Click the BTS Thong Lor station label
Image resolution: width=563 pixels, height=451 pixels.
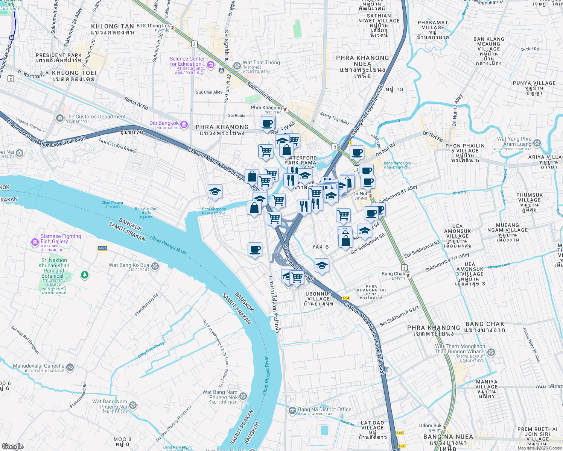click(x=153, y=26)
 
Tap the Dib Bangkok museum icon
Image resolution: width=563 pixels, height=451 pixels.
click(x=184, y=125)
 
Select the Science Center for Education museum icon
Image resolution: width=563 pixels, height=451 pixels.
click(x=211, y=65)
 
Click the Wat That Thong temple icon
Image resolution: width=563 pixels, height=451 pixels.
click(x=237, y=66)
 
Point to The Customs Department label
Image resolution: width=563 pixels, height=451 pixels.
click(x=95, y=117)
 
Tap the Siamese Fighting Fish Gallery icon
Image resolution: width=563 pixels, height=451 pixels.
click(x=35, y=242)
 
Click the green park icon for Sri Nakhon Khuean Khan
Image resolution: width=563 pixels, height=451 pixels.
click(x=85, y=275)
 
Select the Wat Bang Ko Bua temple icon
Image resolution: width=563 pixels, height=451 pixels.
click(x=155, y=266)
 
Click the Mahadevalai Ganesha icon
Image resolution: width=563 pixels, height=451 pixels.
click(x=70, y=367)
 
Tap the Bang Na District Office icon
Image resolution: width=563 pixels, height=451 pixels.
click(x=292, y=411)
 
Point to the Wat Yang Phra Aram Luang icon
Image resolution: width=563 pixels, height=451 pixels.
click(x=537, y=143)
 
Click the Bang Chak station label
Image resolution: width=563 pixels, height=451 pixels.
click(x=393, y=274)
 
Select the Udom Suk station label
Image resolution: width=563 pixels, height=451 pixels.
click(x=431, y=426)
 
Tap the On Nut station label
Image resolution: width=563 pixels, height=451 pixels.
click(x=360, y=194)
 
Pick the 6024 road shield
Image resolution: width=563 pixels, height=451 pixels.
click(x=103, y=248)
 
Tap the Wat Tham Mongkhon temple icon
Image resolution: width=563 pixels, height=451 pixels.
click(x=491, y=353)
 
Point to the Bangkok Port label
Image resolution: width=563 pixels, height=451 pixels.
click(x=146, y=209)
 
